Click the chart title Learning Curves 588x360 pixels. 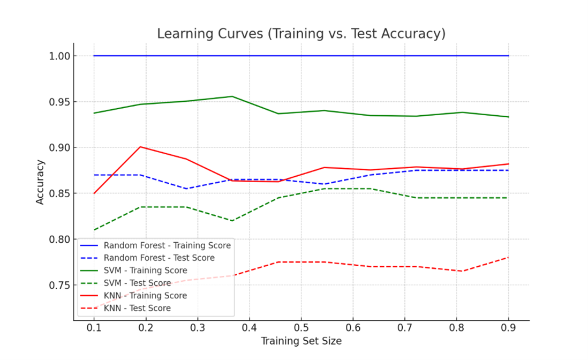(301, 34)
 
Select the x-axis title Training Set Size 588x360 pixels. (301, 341)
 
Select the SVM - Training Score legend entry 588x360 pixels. (145, 271)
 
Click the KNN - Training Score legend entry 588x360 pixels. (145, 296)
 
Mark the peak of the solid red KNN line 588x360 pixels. (140, 147)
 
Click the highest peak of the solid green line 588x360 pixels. (232, 96)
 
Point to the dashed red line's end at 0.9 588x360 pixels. (508, 257)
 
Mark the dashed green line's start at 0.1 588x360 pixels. (94, 230)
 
